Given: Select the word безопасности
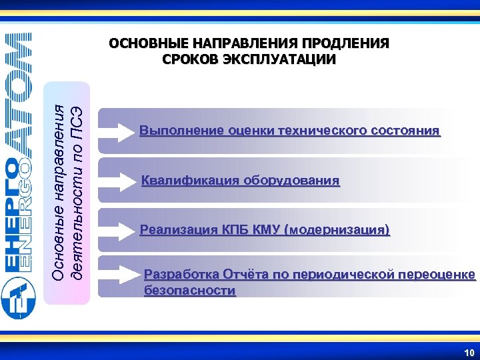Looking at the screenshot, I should tap(190, 291).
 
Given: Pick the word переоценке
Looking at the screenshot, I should tap(437, 274).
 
